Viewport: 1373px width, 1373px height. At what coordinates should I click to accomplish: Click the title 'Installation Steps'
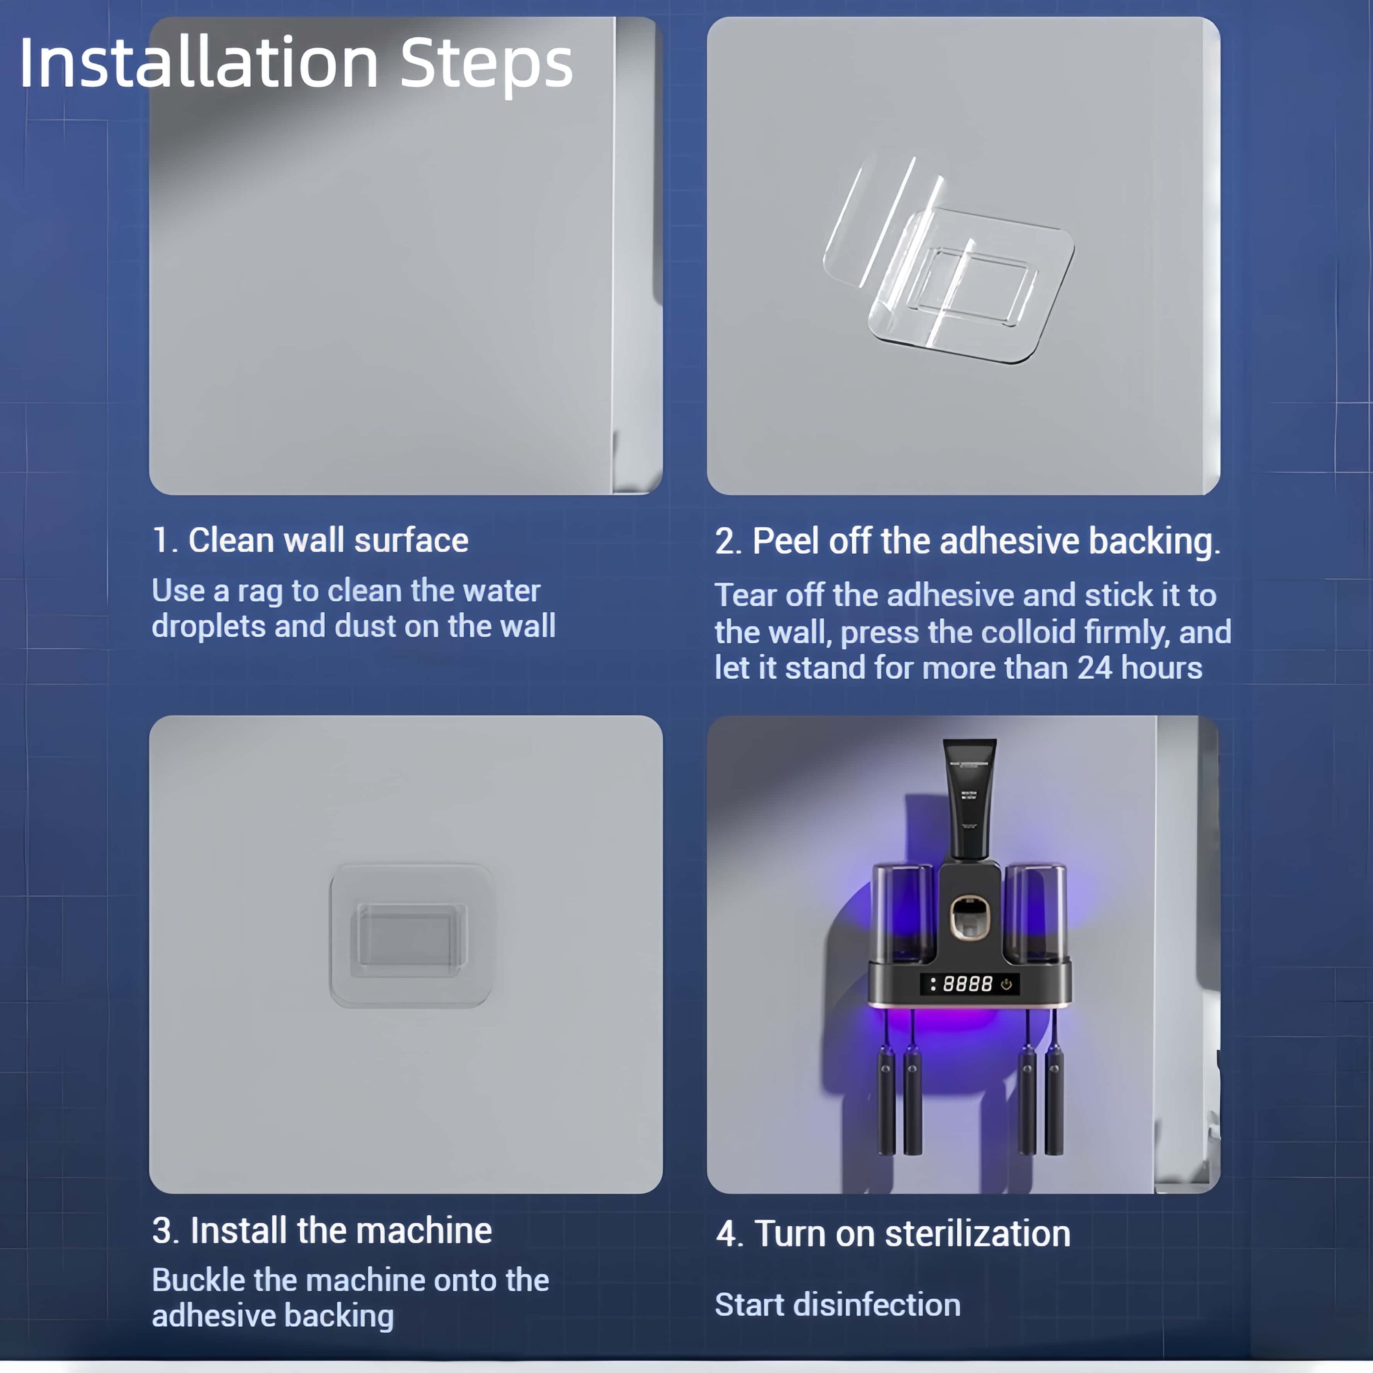(296, 64)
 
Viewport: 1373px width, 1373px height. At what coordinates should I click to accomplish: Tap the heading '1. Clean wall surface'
(311, 540)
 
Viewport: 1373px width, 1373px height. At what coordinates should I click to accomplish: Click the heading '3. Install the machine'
(322, 1230)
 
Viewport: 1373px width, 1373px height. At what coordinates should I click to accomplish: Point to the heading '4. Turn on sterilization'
(893, 1233)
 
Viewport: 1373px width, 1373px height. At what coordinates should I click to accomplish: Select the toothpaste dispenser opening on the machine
(969, 917)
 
